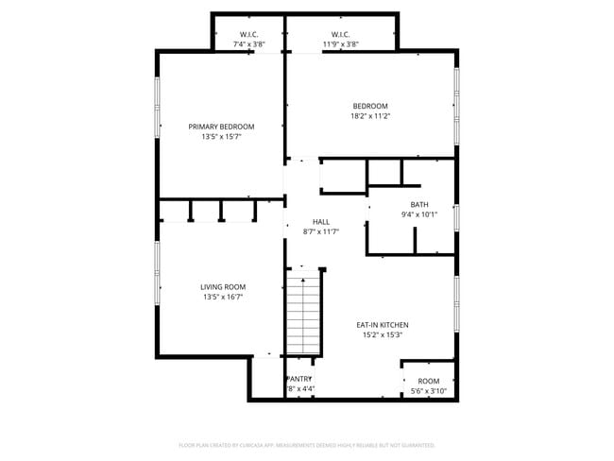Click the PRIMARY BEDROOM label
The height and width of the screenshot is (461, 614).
[221, 127]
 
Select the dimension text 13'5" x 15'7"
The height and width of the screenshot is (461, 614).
[221, 137]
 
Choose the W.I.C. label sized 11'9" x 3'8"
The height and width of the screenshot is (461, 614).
[341, 33]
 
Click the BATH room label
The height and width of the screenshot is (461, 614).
[419, 204]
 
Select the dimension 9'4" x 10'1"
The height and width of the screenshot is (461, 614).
[419, 214]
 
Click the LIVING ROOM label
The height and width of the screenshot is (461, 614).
[223, 287]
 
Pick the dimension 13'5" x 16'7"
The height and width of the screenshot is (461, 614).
[223, 298]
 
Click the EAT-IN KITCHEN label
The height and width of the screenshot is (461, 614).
[382, 324]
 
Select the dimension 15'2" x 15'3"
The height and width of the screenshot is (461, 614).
[382, 334]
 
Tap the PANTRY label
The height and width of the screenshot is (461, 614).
[299, 379]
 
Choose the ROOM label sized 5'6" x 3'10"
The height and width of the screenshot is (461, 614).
[428, 382]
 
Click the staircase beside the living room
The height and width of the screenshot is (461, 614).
[304, 312]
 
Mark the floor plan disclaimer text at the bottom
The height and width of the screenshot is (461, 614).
[307, 444]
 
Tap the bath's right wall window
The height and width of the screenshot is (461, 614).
[456, 217]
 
